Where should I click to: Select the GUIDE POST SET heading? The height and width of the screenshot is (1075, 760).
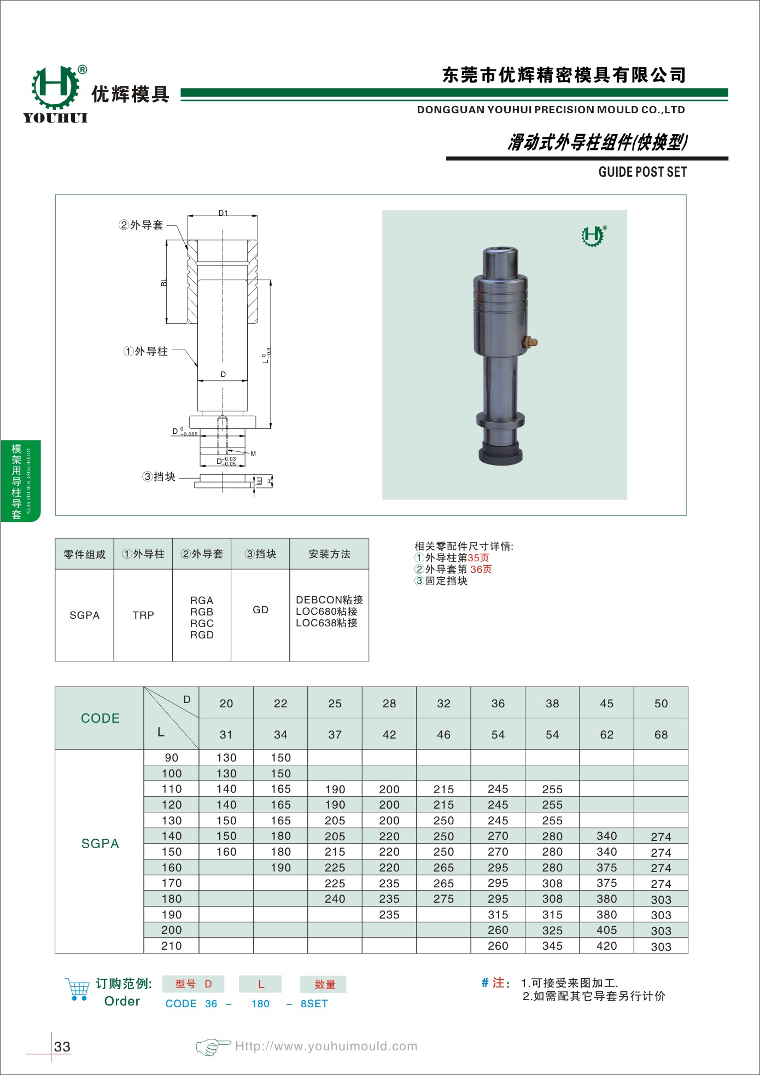pos(642,172)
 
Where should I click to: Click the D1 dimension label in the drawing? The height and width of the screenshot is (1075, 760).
pos(223,213)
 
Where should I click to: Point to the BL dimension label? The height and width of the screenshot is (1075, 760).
pos(164,283)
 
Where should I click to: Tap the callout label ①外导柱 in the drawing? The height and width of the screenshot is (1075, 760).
pos(146,351)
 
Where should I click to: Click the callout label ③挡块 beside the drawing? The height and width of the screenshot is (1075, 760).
pos(159,477)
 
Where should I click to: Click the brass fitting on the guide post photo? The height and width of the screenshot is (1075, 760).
pos(530,342)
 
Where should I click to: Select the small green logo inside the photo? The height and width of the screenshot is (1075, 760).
pos(593,236)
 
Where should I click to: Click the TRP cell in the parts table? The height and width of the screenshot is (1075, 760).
pos(143,615)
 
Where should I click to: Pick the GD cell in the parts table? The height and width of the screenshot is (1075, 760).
pos(260,609)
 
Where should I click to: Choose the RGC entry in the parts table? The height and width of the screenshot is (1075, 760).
pos(202,623)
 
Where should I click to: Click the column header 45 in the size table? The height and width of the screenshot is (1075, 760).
pos(606,704)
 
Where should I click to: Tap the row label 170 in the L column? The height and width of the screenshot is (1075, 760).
pos(171,883)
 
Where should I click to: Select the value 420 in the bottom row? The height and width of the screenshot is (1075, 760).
pos(606,946)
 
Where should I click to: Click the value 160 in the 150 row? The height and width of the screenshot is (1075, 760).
pos(226,852)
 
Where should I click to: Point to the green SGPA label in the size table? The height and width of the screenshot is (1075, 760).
pos(100,844)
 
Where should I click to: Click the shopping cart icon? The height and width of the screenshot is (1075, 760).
pos(78,990)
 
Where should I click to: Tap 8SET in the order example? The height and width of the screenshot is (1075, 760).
pos(314,1004)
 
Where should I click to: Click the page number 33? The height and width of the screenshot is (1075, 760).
pos(62,1047)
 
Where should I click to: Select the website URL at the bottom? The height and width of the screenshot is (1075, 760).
pos(326,1046)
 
